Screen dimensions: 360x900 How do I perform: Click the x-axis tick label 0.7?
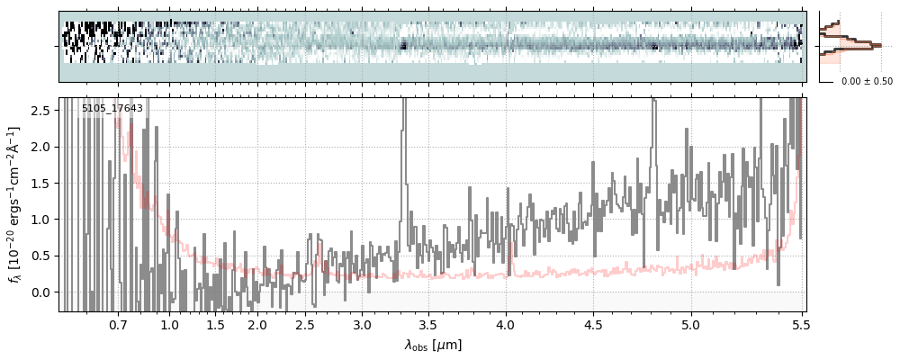tap(118, 324)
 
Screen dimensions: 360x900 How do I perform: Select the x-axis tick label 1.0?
tap(169, 324)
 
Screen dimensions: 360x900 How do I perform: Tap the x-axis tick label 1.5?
tap(215, 324)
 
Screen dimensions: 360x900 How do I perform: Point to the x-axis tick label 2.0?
tap(257, 324)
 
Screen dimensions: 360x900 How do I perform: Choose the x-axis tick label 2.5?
tap(305, 324)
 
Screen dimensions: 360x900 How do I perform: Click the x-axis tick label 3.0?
tap(362, 324)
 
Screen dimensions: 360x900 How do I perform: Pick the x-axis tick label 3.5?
tap(427, 324)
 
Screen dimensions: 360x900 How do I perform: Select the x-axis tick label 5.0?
tap(691, 324)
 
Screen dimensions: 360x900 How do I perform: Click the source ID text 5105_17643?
tap(112, 109)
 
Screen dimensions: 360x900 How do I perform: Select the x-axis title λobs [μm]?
tap(433, 344)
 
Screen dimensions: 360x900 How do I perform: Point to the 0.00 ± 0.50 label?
tap(867, 81)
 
